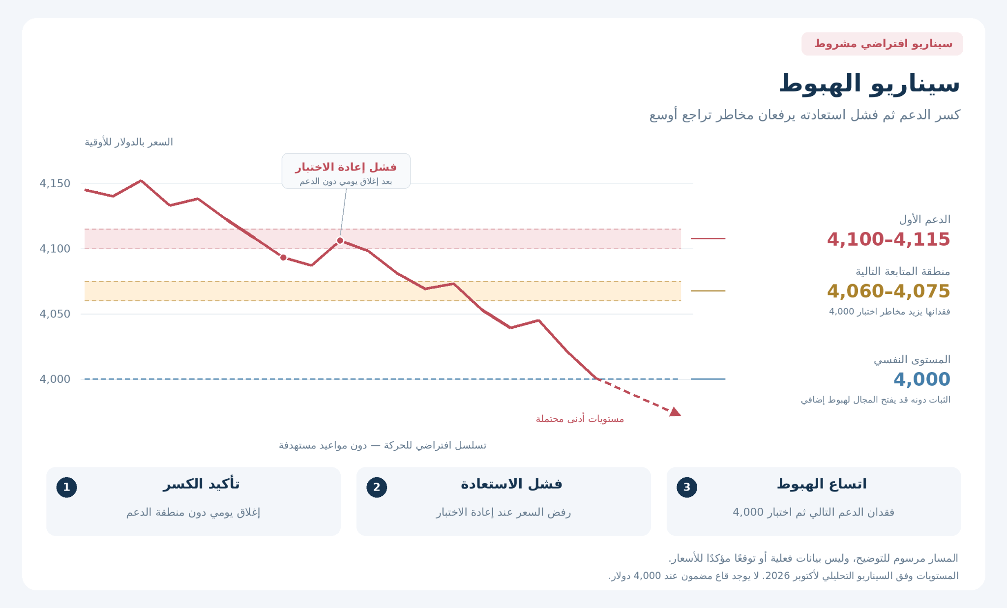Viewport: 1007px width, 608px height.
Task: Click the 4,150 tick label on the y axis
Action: (55, 184)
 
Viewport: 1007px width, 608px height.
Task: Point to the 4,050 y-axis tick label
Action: (55, 314)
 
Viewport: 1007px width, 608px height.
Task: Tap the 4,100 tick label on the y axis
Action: (55, 249)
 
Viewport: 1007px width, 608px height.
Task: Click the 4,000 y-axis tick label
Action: (55, 379)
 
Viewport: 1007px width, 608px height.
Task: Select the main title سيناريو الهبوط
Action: (869, 84)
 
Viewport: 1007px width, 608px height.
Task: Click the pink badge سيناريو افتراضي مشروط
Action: (882, 44)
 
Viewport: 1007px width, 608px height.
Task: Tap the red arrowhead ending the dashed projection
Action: (675, 412)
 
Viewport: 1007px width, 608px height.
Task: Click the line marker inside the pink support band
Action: (340, 241)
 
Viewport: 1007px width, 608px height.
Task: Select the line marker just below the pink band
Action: (283, 258)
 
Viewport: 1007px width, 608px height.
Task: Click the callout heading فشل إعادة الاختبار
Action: (346, 167)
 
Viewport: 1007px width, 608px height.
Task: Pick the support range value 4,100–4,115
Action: (889, 239)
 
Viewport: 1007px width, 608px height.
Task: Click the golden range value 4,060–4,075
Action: (889, 291)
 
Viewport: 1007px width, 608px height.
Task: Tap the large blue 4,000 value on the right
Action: (922, 379)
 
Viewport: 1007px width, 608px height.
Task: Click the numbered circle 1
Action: (67, 488)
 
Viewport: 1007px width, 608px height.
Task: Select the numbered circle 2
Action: (377, 488)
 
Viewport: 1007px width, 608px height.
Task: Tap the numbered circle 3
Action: (687, 488)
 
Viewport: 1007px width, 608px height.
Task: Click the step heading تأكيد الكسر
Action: (202, 484)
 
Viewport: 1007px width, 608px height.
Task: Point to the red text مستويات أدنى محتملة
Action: (580, 419)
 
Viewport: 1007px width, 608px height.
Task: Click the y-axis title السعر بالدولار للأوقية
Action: (129, 143)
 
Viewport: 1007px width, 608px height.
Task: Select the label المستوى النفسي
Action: (912, 360)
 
